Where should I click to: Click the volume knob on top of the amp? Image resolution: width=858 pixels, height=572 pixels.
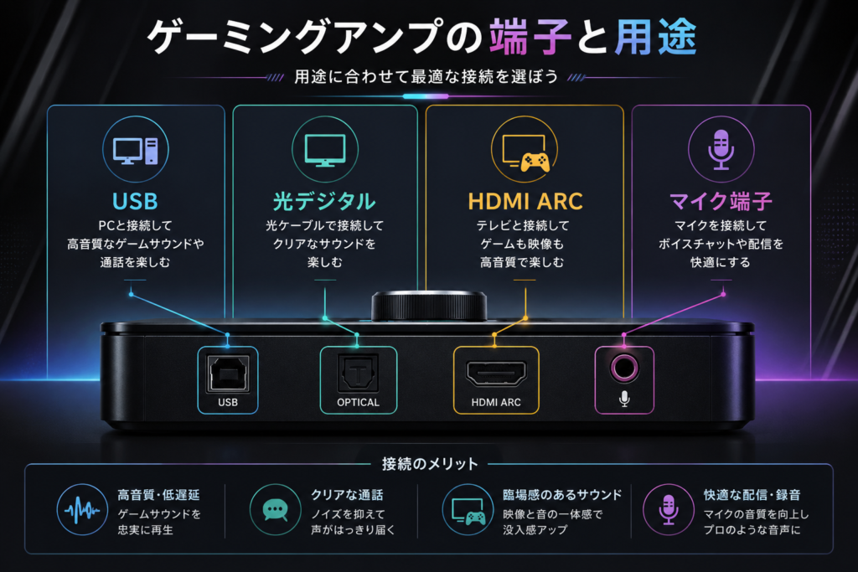[429, 307]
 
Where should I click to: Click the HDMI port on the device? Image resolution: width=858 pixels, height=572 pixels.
[496, 373]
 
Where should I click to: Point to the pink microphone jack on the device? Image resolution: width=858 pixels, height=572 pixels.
[624, 368]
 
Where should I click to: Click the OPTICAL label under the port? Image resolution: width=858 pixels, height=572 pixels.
[358, 403]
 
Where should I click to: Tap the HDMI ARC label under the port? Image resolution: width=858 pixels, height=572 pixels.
[496, 403]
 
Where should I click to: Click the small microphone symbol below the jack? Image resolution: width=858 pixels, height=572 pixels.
[624, 399]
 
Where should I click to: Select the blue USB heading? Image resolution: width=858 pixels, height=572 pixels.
[135, 201]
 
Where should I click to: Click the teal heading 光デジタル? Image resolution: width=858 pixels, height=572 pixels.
[324, 201]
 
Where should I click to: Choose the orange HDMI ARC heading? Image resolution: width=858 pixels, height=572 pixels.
[525, 201]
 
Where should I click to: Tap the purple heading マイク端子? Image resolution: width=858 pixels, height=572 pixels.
[721, 201]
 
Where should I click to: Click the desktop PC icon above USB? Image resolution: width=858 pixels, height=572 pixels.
[136, 151]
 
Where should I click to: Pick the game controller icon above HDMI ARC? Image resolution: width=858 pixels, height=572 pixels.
[534, 162]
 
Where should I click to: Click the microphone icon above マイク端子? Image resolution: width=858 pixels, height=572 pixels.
[721, 149]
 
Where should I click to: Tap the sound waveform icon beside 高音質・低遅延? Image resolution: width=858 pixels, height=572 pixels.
[82, 510]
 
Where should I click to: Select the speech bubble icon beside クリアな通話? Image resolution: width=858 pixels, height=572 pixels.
[275, 510]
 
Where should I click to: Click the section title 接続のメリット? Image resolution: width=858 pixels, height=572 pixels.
[430, 464]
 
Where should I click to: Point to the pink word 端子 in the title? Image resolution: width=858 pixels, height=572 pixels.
[530, 37]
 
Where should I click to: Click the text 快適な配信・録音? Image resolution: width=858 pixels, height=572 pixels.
[752, 495]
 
